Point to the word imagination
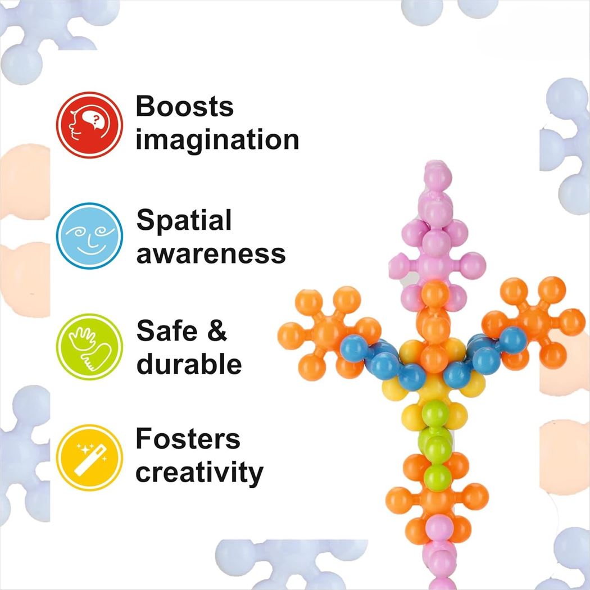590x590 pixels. click(217, 140)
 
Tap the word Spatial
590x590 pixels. click(184, 220)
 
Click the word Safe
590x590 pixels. click(164, 331)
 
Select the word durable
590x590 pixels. click(189, 365)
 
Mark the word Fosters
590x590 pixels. click(188, 439)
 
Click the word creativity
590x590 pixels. click(199, 473)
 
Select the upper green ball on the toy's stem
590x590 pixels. click(437, 414)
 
